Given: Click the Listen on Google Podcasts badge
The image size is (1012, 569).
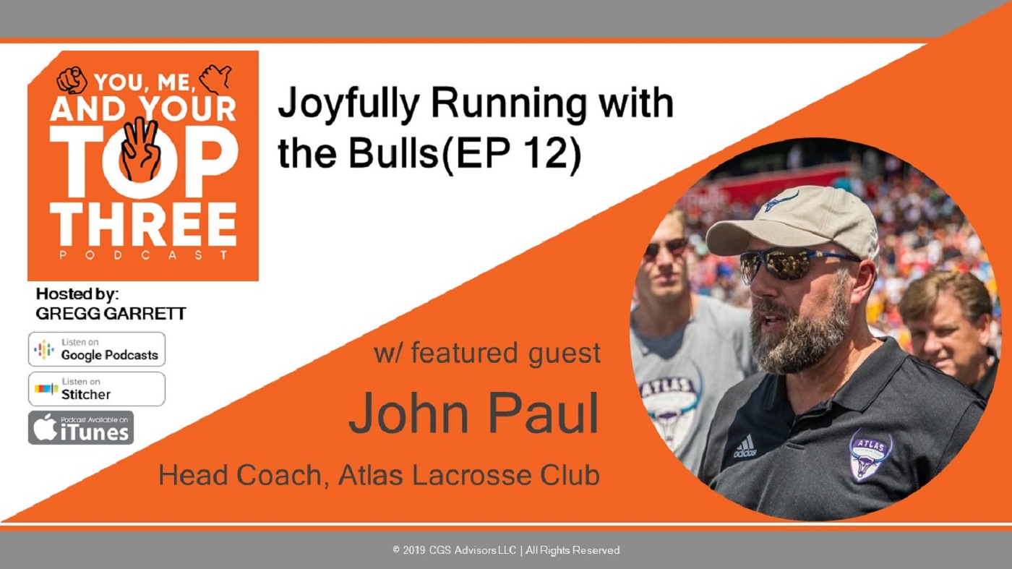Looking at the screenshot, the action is pyautogui.click(x=97, y=349).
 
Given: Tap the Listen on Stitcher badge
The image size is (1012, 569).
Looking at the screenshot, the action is pyautogui.click(x=97, y=389).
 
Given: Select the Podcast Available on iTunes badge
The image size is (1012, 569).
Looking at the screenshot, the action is pyautogui.click(x=81, y=427).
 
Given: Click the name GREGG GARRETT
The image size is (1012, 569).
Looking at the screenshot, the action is pyautogui.click(x=111, y=314).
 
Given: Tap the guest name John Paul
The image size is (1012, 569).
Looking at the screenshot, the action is pyautogui.click(x=474, y=414).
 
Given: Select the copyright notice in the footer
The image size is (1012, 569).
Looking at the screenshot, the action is pyautogui.click(x=506, y=550).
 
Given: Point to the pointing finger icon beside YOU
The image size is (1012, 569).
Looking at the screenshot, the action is pyautogui.click(x=72, y=80).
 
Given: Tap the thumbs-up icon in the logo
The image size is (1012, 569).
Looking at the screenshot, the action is pyautogui.click(x=215, y=78).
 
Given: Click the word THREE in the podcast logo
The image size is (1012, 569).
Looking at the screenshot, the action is pyautogui.click(x=143, y=225).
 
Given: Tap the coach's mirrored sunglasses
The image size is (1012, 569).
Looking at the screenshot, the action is pyautogui.click(x=795, y=265).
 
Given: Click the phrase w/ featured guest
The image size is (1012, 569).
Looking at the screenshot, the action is pyautogui.click(x=487, y=353).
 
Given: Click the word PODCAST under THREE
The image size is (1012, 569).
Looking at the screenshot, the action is pyautogui.click(x=144, y=255).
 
